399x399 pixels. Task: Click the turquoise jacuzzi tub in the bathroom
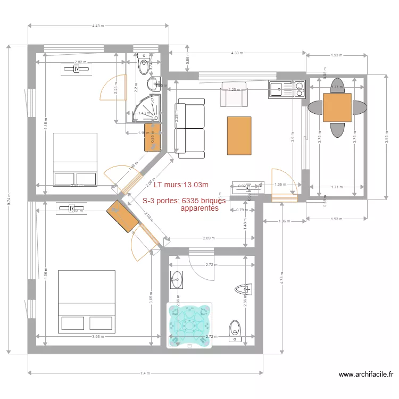[190, 325]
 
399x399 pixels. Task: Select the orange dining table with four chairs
[337, 107]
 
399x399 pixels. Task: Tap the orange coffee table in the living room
[239, 136]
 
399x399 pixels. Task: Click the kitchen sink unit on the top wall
[287, 89]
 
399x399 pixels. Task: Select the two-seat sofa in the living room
[190, 128]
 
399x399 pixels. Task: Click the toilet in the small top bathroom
[143, 65]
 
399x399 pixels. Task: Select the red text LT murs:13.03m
[180, 185]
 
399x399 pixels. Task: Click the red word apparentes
[199, 209]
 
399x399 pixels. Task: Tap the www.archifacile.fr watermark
[367, 375]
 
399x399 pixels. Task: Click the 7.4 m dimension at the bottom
[144, 373]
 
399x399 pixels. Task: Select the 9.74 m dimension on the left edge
[9, 199]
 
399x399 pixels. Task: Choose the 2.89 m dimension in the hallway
[209, 238]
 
